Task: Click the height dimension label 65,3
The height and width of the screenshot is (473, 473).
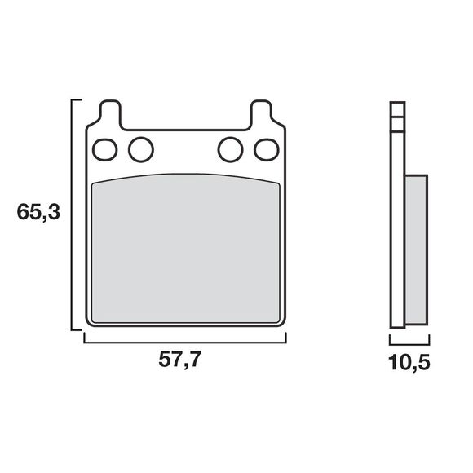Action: click(38, 212)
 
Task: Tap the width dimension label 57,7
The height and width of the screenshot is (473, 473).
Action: click(179, 360)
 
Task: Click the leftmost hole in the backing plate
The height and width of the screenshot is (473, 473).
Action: click(105, 149)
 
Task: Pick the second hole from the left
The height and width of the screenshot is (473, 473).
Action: click(141, 149)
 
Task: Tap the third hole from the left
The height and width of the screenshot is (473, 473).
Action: click(231, 149)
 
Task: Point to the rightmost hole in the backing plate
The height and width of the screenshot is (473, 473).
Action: click(267, 149)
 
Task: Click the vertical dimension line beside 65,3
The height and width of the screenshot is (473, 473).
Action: click(72, 214)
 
